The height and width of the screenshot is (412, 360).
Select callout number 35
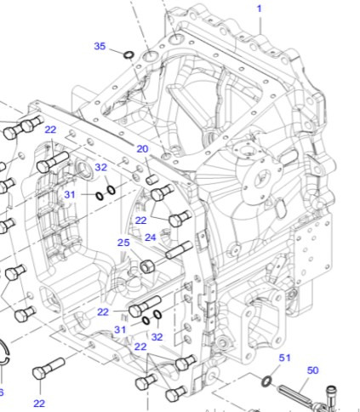[100, 46]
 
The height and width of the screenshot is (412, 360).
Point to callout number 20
[142, 149]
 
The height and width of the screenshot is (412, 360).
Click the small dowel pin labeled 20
[153, 180]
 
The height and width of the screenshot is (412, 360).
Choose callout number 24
[150, 237]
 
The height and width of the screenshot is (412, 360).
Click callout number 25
[123, 243]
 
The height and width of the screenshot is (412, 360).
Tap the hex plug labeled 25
[146, 266]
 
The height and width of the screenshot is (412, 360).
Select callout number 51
[285, 358]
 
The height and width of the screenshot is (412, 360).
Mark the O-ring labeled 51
[268, 380]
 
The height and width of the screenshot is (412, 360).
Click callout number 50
[312, 370]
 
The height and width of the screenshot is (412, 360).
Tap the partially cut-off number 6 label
[2, 392]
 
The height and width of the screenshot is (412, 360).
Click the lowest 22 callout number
[39, 403]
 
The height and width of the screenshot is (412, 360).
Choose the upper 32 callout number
[100, 168]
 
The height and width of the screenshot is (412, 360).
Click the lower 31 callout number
[120, 329]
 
